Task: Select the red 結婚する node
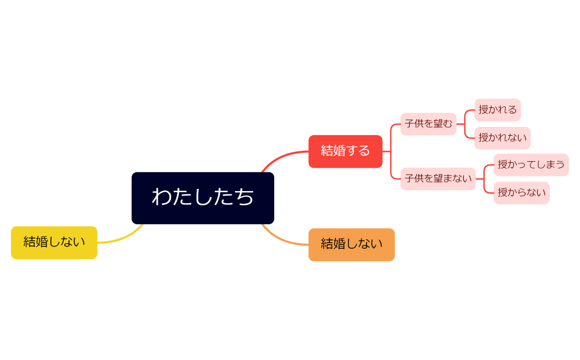pos(345,151)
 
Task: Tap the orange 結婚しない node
pos(351,244)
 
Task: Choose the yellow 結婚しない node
pos(54,243)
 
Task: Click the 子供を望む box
pos(428,124)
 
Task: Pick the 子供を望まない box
pos(438,179)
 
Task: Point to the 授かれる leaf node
pos(497,110)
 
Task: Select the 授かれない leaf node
pos(502,138)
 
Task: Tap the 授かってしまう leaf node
pos(531,164)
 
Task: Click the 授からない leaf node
pos(521,193)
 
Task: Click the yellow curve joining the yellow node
pos(122,239)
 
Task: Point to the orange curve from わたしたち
pos(283,240)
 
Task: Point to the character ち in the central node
pos(244,197)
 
